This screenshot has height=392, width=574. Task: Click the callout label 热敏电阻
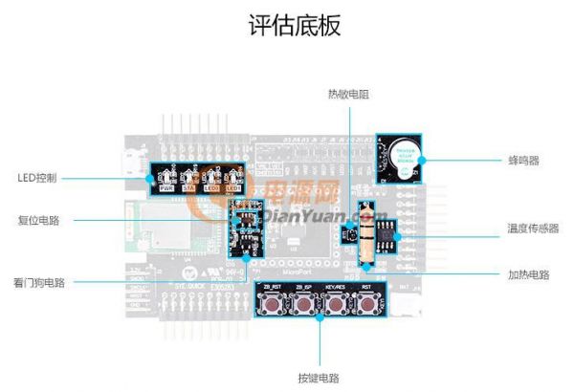348,94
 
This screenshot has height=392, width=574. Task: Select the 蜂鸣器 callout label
524,161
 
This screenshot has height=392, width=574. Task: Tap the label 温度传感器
533,229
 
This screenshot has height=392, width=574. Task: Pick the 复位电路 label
38,219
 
